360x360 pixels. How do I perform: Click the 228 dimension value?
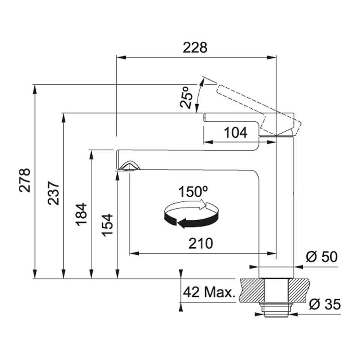195,48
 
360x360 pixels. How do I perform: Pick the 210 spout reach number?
201,244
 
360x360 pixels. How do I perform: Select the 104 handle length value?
236,133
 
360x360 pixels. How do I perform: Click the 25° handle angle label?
186,97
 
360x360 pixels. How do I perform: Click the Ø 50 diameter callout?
322,257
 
